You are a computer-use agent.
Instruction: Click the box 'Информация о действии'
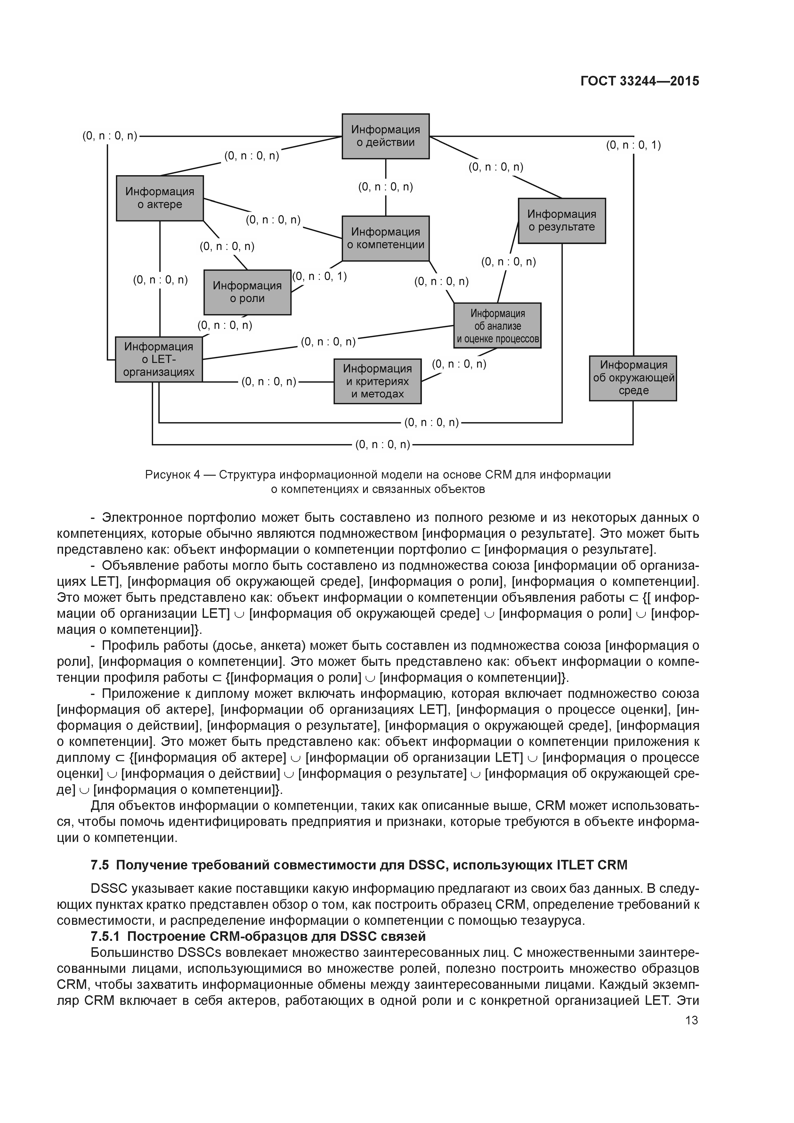point(385,136)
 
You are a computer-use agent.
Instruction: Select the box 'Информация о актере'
point(159,198)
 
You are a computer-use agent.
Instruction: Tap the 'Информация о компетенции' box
point(385,238)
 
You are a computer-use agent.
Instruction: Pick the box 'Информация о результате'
point(562,221)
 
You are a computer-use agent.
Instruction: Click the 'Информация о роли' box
point(247,292)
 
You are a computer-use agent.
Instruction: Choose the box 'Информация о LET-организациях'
point(158,360)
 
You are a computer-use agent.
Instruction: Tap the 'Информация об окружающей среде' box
point(633,378)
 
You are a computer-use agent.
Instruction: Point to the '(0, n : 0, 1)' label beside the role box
point(320,276)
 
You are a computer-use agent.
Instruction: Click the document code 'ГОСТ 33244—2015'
point(639,81)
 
